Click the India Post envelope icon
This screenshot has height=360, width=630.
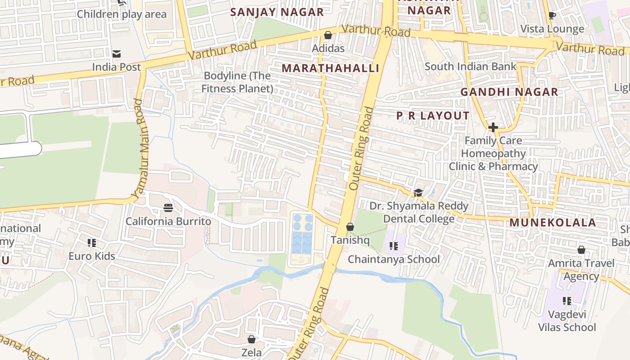(117, 54)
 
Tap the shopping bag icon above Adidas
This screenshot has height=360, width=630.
(328, 35)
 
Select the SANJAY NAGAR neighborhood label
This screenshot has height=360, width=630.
(277, 12)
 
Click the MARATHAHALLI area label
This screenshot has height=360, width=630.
(330, 68)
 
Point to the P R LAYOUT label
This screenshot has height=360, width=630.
(432, 116)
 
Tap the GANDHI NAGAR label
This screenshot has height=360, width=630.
(508, 92)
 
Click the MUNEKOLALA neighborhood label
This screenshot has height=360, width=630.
(553, 222)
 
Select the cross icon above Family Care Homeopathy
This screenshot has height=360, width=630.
(493, 127)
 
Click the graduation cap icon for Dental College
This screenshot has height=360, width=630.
(418, 193)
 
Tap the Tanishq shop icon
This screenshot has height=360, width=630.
(350, 227)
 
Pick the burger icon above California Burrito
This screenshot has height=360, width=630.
(168, 207)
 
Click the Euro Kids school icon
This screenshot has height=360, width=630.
(92, 243)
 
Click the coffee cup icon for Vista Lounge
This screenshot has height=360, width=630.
(552, 16)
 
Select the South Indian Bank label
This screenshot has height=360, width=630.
(470, 67)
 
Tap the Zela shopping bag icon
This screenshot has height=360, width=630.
(252, 339)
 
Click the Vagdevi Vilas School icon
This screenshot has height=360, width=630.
(567, 301)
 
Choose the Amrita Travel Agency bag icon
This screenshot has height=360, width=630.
(581, 249)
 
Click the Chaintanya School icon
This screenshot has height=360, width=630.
(394, 246)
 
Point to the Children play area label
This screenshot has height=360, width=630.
(121, 14)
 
